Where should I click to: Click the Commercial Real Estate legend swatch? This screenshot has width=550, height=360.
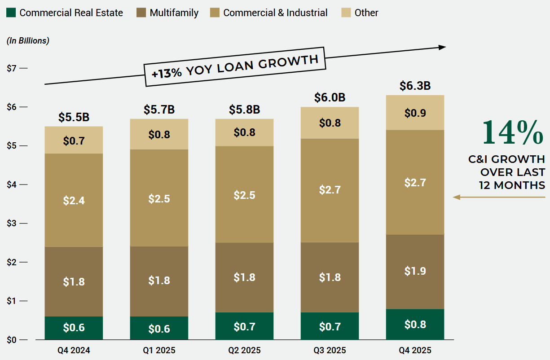[x=11, y=13]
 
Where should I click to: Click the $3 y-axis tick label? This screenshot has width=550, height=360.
[x=12, y=223]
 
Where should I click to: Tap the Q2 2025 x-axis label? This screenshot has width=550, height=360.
[x=244, y=350]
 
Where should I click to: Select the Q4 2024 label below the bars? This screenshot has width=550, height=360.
[x=74, y=350]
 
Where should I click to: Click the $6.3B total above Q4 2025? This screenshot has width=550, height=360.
[x=415, y=86]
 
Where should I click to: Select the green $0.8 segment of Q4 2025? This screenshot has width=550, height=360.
[x=415, y=324]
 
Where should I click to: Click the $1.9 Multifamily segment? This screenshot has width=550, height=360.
[x=415, y=271]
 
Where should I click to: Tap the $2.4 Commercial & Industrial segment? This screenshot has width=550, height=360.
[x=74, y=200]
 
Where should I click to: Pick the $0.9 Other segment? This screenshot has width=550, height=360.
[x=415, y=113]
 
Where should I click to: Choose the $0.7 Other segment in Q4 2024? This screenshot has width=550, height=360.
[x=74, y=140]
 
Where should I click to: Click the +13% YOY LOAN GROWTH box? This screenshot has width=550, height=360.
[x=235, y=66]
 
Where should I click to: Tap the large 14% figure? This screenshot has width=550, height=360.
[x=512, y=132]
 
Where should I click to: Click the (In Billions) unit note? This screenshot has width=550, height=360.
[x=28, y=40]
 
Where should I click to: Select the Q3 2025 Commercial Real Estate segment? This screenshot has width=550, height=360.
[x=330, y=326]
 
